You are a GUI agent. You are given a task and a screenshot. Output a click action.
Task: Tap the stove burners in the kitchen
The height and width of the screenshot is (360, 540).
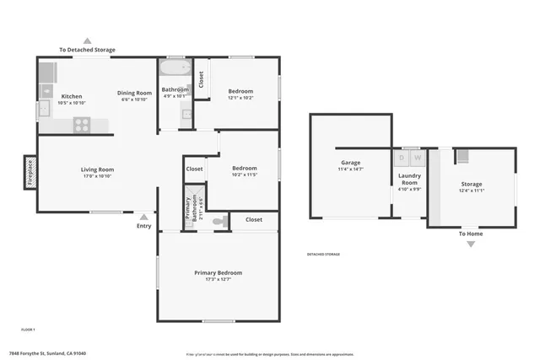click(x=82, y=125)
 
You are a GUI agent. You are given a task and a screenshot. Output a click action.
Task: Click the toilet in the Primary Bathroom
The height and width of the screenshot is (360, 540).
click(x=219, y=223)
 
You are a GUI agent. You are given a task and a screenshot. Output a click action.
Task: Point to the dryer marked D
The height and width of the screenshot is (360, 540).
click(x=402, y=158)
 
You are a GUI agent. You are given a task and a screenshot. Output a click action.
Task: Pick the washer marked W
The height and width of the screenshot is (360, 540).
click(x=417, y=158)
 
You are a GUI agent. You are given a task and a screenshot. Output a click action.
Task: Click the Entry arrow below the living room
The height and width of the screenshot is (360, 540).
click(x=144, y=216)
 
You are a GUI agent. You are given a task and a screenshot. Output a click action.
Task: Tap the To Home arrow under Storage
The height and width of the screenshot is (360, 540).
click(x=471, y=244)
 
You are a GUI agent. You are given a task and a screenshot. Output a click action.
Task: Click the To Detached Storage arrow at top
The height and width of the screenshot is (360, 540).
click(x=87, y=40)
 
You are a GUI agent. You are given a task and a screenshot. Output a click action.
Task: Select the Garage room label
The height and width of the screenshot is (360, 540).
click(x=351, y=163)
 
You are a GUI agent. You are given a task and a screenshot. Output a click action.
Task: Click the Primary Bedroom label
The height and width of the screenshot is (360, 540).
click(x=218, y=273)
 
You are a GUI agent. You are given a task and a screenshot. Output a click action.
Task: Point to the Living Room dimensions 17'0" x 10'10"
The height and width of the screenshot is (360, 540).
click(x=97, y=176)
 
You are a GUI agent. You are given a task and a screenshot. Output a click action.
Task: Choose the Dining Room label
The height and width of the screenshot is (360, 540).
click(x=134, y=93)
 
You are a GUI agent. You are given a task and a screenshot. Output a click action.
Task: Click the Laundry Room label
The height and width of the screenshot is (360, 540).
click(x=409, y=179)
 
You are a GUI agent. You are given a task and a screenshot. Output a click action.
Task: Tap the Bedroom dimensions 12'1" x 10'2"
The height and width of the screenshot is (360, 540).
click(x=240, y=98)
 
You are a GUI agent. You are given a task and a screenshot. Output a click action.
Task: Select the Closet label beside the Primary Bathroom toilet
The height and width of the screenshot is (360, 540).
click(x=254, y=219)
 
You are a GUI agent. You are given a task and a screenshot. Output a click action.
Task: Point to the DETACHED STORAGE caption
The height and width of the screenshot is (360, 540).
click(x=323, y=254)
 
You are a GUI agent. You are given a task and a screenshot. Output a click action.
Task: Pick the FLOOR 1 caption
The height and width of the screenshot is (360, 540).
click(x=28, y=328)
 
